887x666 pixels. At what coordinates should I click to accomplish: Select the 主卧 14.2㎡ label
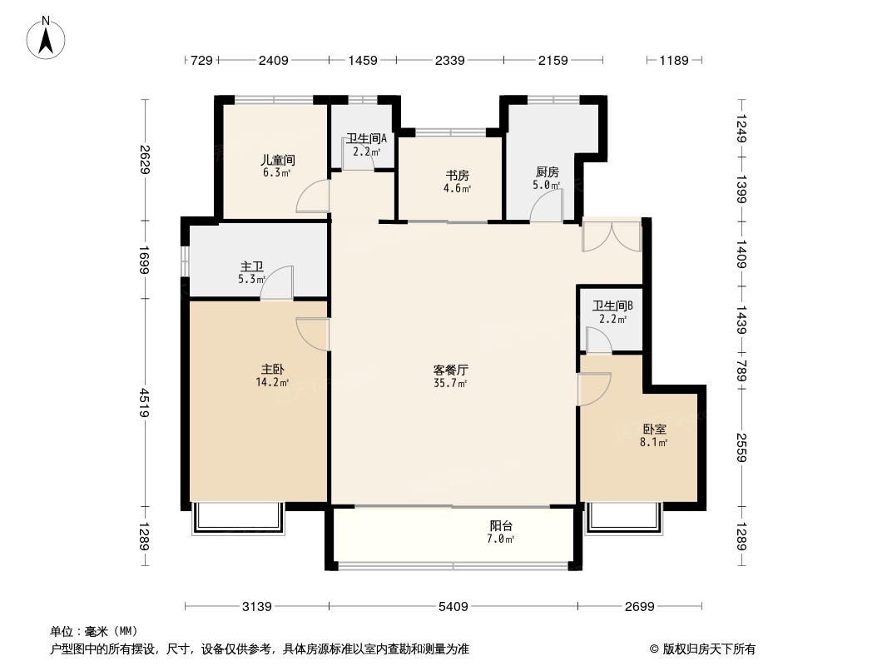coord(272,375)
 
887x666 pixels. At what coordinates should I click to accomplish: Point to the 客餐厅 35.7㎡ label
coord(450,377)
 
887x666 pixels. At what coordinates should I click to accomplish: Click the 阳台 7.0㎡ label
coord(501,532)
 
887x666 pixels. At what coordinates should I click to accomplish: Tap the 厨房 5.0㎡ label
coord(547,178)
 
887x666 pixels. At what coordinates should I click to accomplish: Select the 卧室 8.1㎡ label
coord(654,435)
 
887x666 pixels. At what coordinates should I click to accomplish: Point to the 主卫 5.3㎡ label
coord(252,272)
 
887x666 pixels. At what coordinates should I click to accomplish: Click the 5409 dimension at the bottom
coord(453,607)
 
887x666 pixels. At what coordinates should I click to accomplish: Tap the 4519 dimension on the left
coord(144,402)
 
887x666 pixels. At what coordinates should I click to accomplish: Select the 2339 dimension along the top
coord(449,60)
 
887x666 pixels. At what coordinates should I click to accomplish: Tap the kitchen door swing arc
coord(546,205)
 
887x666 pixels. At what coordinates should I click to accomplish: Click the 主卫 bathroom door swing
coord(276,281)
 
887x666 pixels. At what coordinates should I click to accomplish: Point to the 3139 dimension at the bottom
coord(257,607)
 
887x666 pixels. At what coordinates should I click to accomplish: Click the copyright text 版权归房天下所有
coord(708,649)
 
